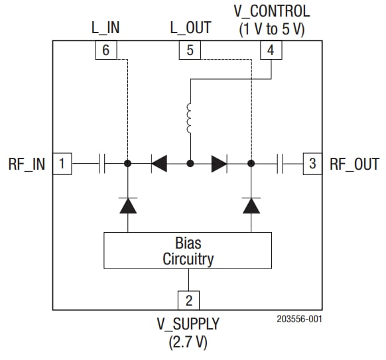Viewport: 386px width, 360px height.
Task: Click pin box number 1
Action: click(62, 163)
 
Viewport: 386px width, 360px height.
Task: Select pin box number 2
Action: click(189, 300)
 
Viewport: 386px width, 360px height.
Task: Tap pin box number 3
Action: click(312, 163)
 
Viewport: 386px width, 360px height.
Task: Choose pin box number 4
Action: click(270, 50)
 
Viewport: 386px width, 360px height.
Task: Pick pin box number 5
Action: click(189, 50)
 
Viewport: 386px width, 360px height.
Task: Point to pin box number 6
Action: click(106, 50)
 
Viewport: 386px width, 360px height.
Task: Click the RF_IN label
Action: click(27, 164)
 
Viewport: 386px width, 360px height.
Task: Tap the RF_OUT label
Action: click(354, 164)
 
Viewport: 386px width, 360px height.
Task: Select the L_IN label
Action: click(105, 28)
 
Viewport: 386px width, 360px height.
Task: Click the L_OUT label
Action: click(190, 28)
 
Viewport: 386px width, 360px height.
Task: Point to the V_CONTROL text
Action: click(271, 12)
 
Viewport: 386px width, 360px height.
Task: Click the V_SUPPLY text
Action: click(188, 324)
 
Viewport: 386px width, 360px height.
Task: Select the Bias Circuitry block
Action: click(188, 251)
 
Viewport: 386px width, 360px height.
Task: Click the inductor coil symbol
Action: click(190, 118)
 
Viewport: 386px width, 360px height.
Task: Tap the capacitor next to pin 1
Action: click(101, 163)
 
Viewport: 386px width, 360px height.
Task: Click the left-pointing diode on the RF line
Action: click(159, 163)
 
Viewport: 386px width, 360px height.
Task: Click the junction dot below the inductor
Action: click(190, 163)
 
